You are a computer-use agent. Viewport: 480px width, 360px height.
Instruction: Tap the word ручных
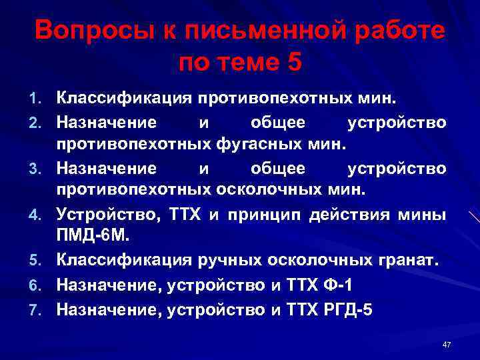click(x=224, y=262)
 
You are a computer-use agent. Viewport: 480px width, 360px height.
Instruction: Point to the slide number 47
click(x=447, y=344)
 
